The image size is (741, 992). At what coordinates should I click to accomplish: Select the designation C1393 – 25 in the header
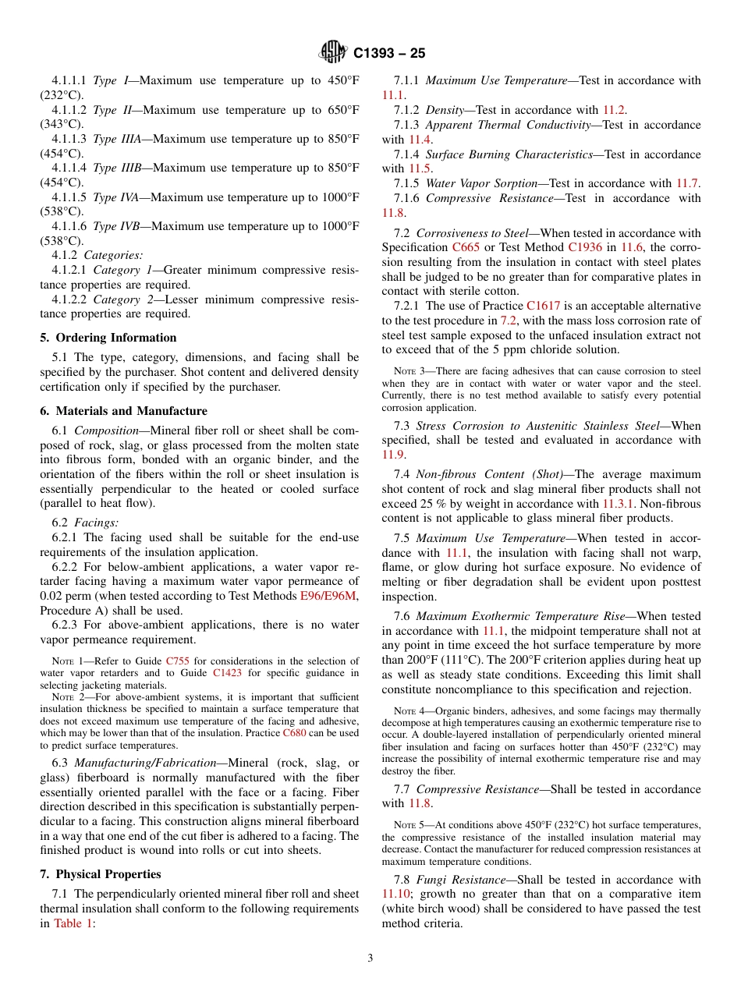(x=389, y=54)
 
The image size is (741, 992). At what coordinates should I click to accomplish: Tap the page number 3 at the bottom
(x=370, y=958)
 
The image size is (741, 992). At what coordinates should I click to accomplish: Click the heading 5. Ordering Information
(x=108, y=338)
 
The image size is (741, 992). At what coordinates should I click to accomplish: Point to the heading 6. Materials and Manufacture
(x=124, y=411)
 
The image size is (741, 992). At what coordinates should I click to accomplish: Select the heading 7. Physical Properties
(x=101, y=874)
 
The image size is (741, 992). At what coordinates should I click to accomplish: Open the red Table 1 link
(x=73, y=923)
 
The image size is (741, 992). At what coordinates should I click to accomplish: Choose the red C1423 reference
(x=226, y=673)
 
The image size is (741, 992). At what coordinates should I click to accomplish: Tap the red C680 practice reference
(x=295, y=733)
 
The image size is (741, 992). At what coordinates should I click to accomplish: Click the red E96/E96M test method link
(x=329, y=596)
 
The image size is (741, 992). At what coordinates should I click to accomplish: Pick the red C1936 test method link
(x=585, y=247)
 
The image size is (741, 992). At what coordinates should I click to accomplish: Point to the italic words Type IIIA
(x=117, y=140)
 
